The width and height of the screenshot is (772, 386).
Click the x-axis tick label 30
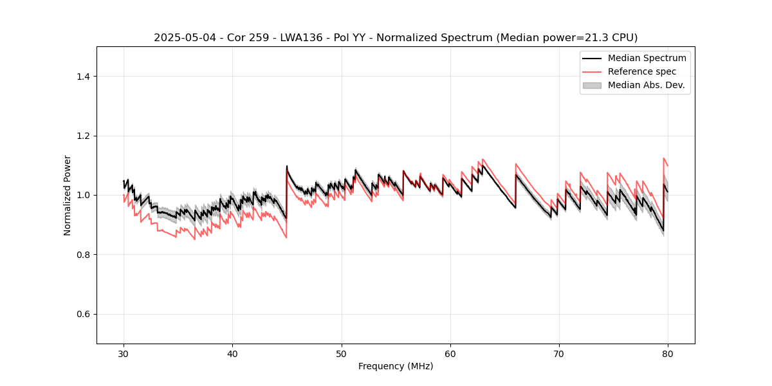tap(124, 354)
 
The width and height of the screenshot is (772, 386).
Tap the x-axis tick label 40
tap(232, 354)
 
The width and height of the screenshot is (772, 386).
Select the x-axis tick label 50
tap(342, 354)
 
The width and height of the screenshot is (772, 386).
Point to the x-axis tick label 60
tap(450, 354)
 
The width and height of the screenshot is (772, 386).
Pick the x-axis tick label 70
tap(559, 354)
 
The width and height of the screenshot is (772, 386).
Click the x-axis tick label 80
tap(668, 354)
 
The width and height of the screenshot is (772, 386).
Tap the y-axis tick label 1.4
tap(83, 77)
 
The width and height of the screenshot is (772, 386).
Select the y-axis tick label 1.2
tap(83, 136)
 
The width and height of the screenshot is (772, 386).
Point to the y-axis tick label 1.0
tap(83, 195)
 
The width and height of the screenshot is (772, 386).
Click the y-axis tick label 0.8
tap(83, 255)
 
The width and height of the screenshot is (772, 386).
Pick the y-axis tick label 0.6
tap(83, 314)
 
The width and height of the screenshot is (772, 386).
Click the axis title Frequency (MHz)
tap(396, 366)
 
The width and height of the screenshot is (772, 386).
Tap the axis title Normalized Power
tap(68, 195)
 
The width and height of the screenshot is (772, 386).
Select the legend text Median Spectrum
tap(647, 58)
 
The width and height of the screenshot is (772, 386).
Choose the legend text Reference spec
tap(642, 71)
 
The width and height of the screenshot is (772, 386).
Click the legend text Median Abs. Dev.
tap(647, 85)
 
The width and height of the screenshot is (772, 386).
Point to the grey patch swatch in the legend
tap(592, 85)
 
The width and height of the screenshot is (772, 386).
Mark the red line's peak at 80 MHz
tap(664, 158)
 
